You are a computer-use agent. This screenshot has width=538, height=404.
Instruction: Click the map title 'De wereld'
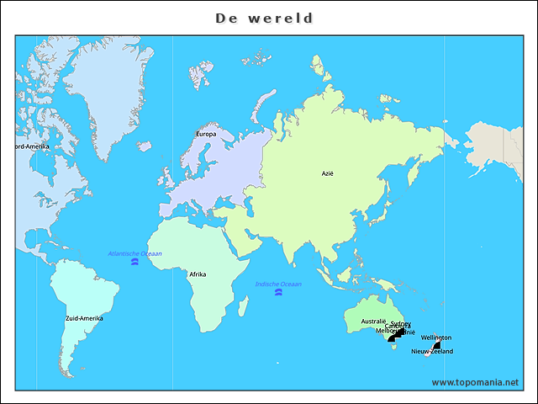264,18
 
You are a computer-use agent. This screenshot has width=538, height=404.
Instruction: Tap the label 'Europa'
206,134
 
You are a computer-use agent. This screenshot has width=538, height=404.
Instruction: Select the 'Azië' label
328,173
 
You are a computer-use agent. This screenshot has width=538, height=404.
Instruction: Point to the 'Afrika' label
198,274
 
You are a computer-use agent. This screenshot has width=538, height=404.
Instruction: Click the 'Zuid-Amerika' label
84,318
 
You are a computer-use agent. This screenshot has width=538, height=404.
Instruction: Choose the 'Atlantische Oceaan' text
134,253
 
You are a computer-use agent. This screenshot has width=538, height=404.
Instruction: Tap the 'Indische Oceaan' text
278,284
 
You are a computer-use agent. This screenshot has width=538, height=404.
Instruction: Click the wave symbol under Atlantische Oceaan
134,263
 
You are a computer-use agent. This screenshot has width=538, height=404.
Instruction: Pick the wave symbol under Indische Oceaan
278,293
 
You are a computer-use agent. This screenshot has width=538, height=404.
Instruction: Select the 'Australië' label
373,322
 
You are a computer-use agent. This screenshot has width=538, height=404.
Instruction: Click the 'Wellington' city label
436,338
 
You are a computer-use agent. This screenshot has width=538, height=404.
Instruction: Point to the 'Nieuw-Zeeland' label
432,351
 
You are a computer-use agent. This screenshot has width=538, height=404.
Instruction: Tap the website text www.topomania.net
475,382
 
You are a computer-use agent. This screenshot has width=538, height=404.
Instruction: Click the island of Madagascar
245,310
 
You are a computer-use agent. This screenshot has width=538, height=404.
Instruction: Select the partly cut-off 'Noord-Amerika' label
32,146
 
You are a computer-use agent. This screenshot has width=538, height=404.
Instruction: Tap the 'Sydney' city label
401,324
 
